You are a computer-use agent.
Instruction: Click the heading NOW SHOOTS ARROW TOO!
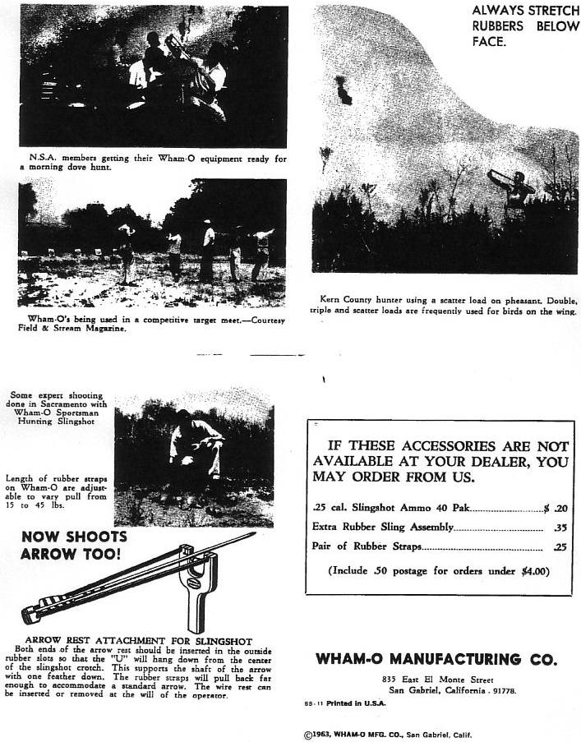click(73, 545)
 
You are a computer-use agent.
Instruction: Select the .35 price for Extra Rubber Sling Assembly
click(560, 527)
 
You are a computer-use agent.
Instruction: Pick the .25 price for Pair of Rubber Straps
click(560, 546)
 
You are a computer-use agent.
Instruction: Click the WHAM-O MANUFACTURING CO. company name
click(436, 659)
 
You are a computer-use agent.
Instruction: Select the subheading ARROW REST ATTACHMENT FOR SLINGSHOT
click(138, 641)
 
